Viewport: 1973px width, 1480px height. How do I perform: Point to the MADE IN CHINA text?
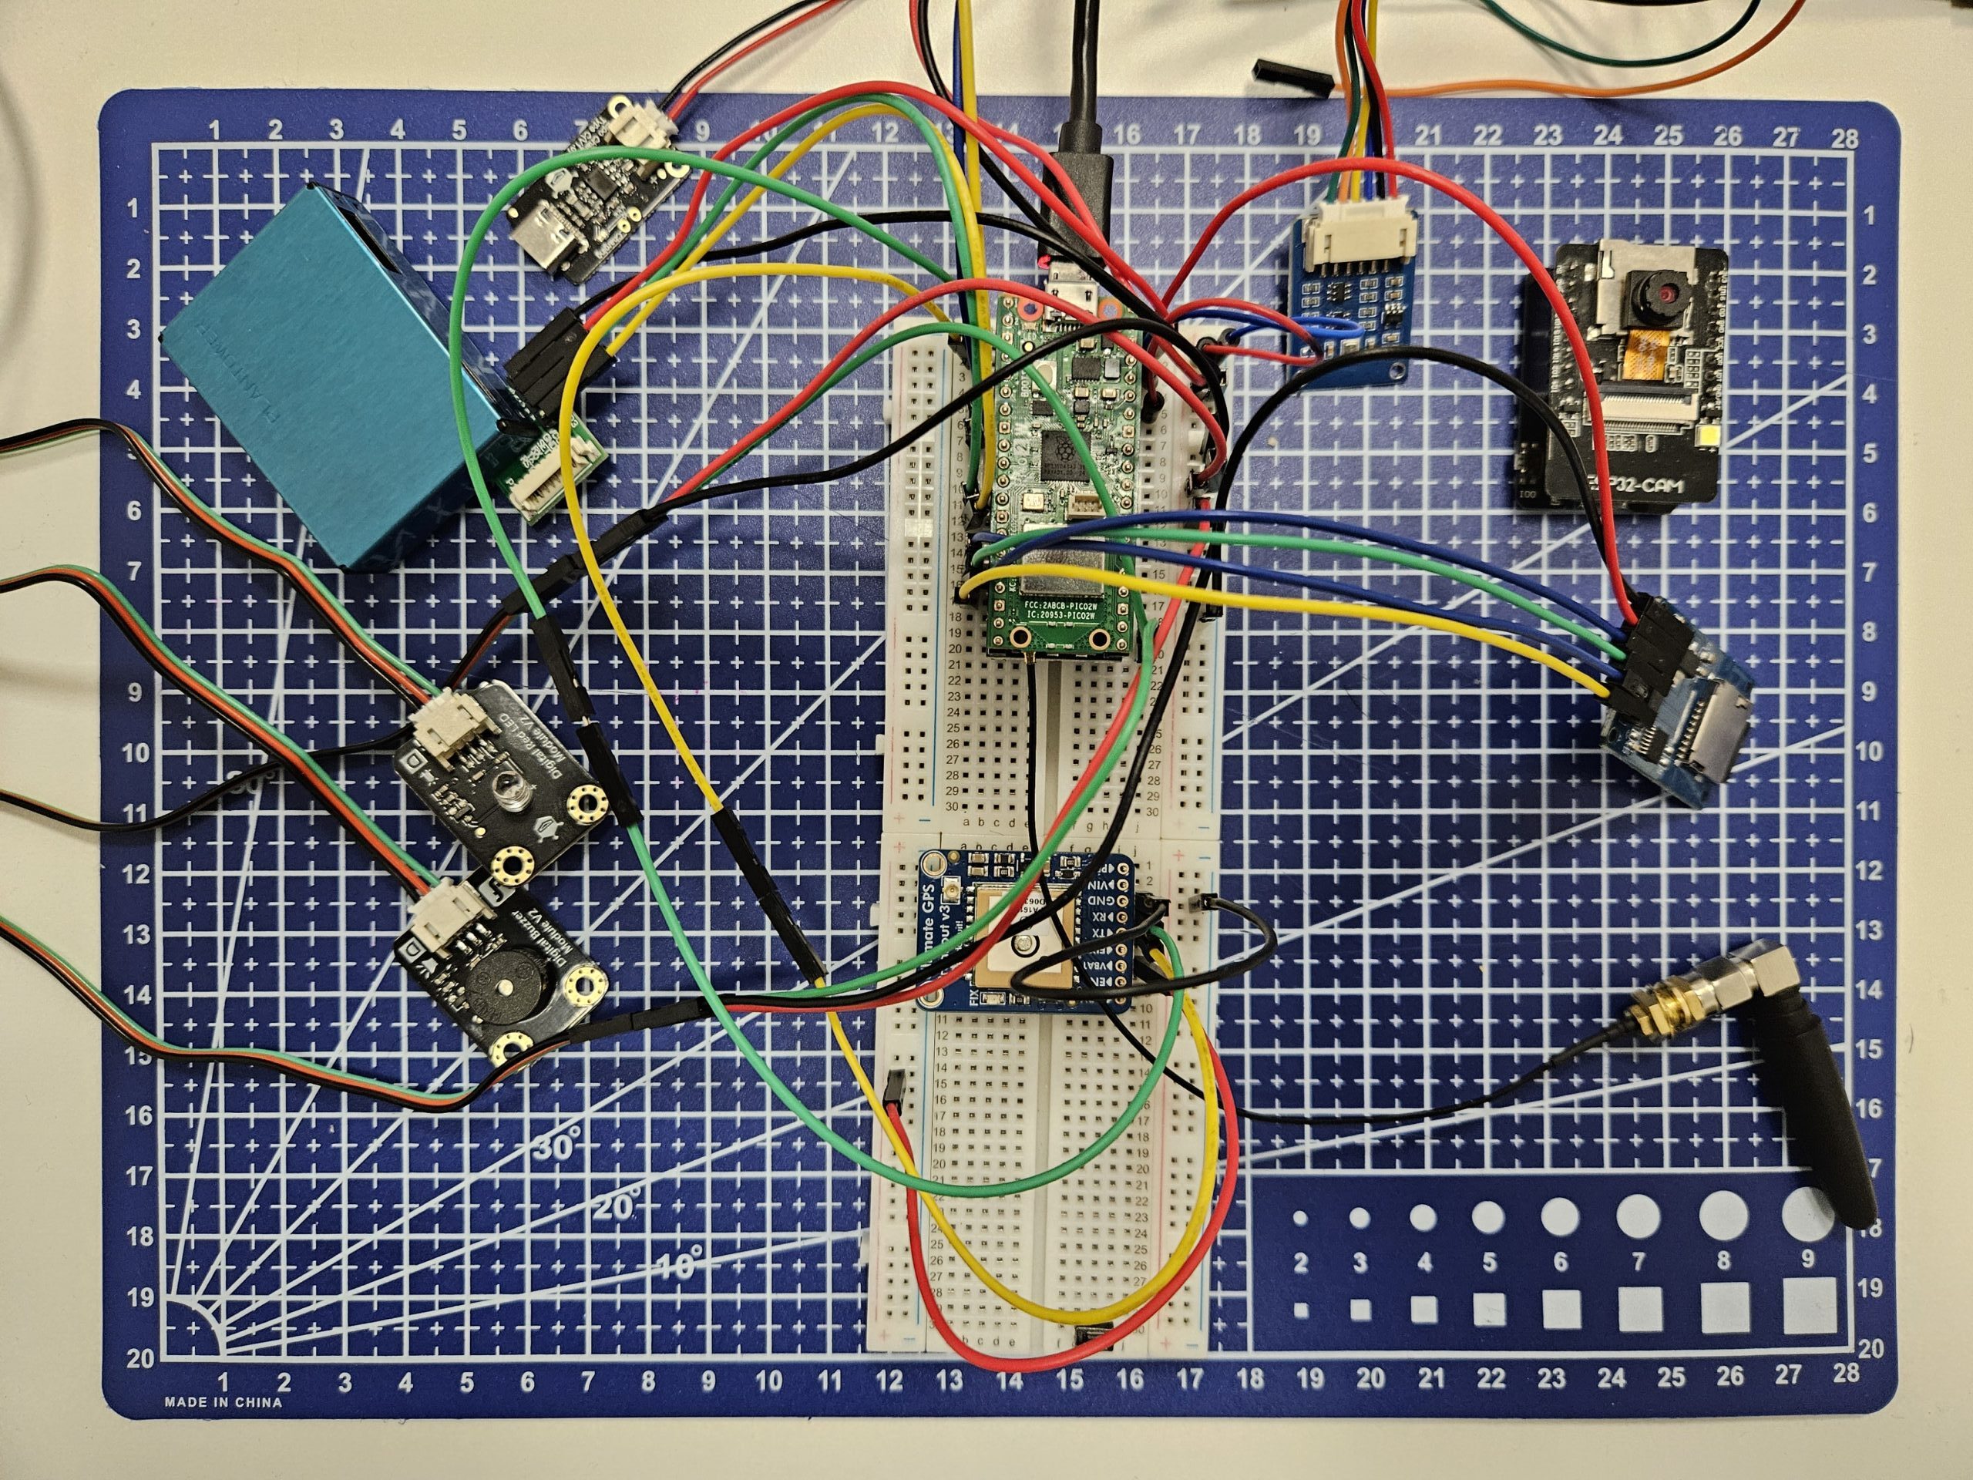point(223,1402)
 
